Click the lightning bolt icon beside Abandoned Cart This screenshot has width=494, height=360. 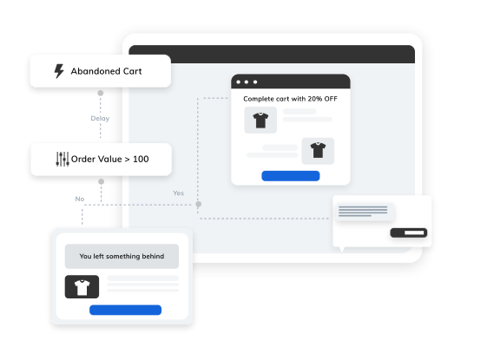59,71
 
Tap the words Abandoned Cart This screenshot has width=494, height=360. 106,71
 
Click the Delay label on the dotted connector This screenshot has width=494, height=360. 100,118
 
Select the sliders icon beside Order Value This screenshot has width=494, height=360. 63,159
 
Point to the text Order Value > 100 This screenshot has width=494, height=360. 110,159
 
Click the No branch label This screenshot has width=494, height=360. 80,199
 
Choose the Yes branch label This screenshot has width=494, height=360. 178,193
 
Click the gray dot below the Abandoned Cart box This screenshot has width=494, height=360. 101,93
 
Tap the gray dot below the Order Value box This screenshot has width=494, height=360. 101,181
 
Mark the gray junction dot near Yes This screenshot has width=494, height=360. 199,204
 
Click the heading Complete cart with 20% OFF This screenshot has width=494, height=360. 290,99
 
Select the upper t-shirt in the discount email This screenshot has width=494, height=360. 260,121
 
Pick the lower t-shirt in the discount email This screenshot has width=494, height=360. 318,150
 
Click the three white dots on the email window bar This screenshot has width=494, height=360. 247,82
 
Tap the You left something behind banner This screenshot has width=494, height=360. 122,256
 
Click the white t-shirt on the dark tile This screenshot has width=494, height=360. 82,287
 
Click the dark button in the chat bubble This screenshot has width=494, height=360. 409,232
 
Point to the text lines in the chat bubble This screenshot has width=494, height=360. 363,211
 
